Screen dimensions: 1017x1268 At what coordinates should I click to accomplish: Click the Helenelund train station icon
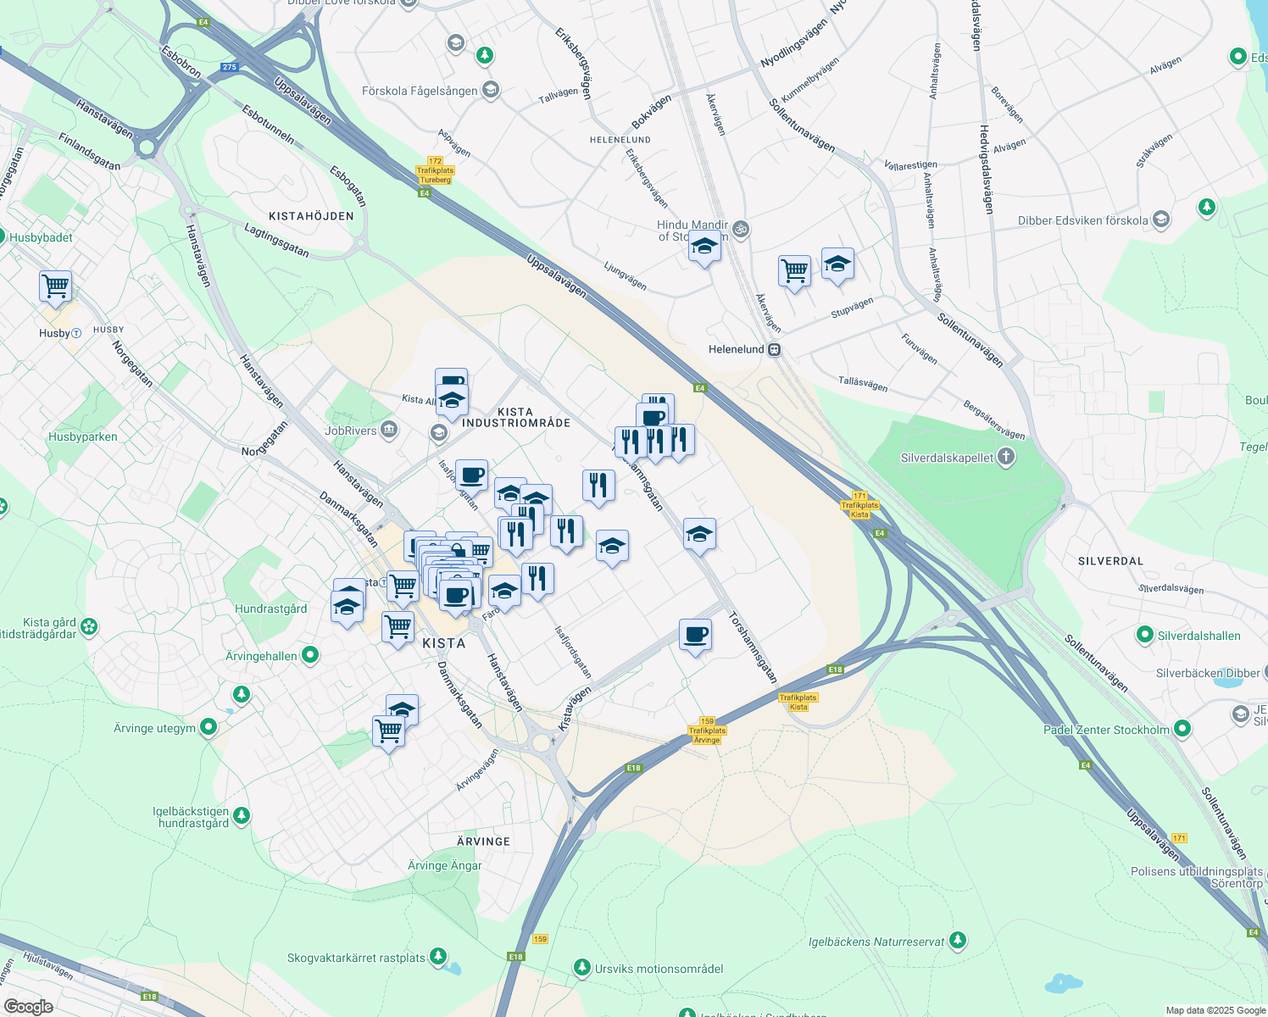point(775,349)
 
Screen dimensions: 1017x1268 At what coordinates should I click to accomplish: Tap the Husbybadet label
point(41,237)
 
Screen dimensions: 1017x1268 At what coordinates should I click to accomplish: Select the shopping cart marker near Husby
point(55,286)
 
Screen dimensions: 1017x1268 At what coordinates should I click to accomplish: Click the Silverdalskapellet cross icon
point(1005,458)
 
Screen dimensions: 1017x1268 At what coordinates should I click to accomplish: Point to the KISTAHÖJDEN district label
point(311,216)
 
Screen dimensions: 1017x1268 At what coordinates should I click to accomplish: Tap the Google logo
point(29,1007)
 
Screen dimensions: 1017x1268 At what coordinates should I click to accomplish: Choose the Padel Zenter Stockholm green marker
point(1182,729)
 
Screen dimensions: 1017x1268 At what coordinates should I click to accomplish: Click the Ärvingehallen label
point(261,656)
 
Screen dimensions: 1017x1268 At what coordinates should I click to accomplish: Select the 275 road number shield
point(229,67)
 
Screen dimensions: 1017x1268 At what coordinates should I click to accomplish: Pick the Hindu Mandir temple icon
point(740,229)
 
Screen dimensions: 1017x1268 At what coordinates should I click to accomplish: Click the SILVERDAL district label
point(1110,561)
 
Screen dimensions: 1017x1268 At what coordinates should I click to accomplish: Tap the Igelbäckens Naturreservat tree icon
point(958,941)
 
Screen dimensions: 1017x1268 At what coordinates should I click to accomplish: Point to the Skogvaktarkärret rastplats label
point(356,958)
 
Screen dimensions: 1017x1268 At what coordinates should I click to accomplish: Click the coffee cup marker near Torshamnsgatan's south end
point(695,635)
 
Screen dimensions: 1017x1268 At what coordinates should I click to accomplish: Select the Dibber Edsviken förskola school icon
point(1161,220)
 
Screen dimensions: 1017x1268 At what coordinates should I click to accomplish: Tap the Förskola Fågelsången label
point(420,91)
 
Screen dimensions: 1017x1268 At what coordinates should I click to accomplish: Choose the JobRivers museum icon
point(389,431)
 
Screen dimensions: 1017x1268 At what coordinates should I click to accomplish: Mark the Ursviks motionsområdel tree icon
point(581,968)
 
